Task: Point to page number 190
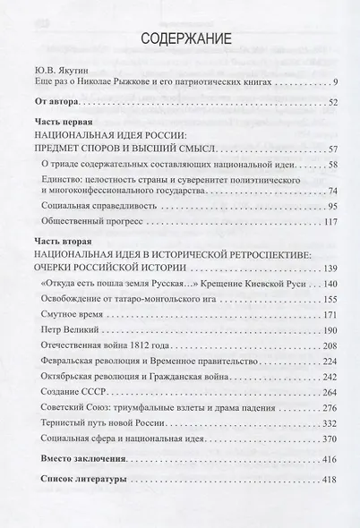[329, 331]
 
